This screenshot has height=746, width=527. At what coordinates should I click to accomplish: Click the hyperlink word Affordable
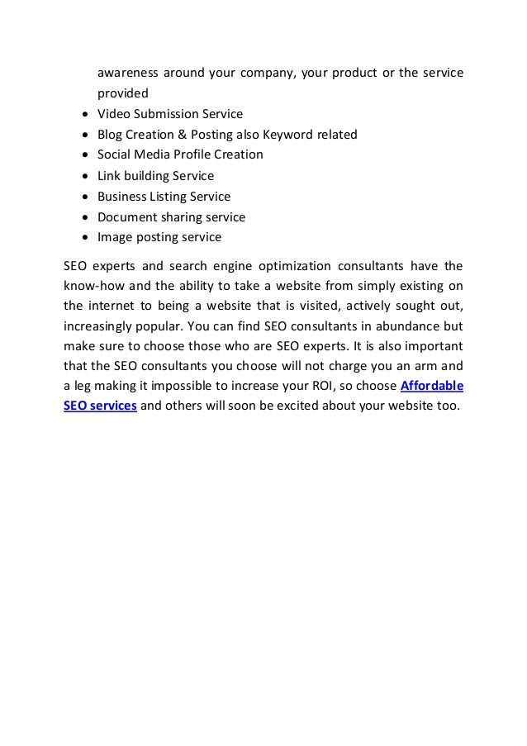431,386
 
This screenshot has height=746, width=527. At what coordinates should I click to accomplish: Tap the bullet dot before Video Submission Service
87,114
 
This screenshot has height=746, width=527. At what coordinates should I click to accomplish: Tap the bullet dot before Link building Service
87,176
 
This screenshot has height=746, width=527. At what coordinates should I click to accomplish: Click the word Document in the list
126,217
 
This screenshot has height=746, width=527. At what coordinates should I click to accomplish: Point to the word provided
123,93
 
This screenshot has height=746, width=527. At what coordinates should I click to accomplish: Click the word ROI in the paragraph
316,386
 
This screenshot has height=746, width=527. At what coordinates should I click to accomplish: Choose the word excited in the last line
287,407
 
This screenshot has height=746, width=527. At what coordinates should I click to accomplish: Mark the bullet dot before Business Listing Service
87,197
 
